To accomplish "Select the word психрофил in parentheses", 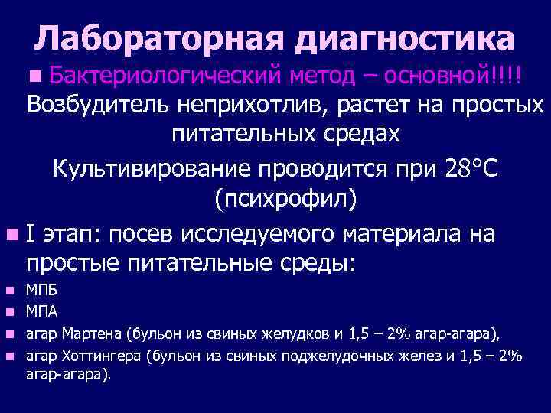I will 285,200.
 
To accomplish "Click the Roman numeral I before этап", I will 30,233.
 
